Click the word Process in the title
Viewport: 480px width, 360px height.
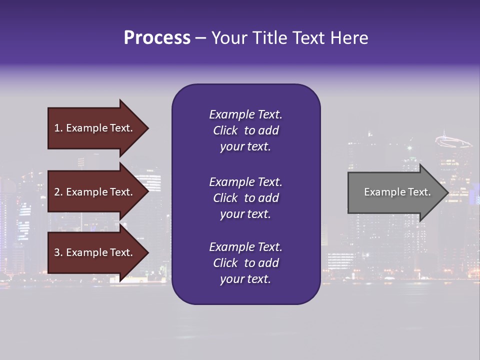tap(157, 38)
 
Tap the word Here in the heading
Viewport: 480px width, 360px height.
tap(349, 38)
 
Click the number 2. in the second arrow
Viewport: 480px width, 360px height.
tap(58, 192)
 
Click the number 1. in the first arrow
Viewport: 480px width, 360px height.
tap(58, 128)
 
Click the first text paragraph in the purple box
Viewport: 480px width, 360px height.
tap(245, 130)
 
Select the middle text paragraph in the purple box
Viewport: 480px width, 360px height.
tap(245, 198)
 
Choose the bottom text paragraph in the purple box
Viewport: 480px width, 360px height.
tap(245, 263)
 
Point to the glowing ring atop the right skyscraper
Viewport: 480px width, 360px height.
tap(452, 141)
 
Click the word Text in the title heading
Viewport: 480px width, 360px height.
tap(308, 38)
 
